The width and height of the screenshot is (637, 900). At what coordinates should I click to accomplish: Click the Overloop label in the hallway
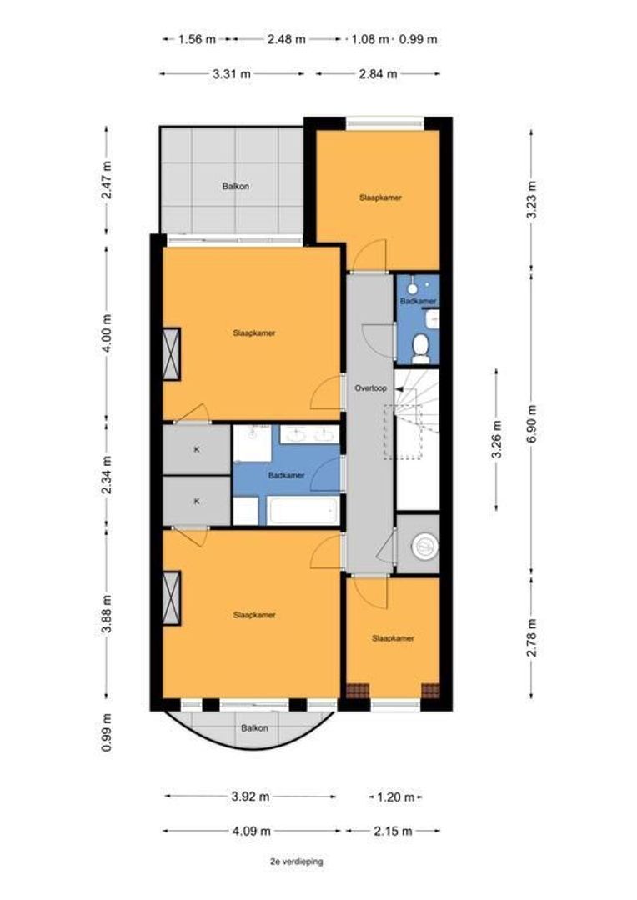(370, 388)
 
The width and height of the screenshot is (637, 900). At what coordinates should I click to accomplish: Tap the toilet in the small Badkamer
(421, 348)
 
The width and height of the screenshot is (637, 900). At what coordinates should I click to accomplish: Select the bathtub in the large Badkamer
(303, 510)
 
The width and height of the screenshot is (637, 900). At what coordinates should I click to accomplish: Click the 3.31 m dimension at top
(232, 74)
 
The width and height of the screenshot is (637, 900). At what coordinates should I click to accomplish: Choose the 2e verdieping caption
(296, 862)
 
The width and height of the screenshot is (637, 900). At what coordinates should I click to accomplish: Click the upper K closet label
(197, 450)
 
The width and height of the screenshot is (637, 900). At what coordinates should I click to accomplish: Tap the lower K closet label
(197, 501)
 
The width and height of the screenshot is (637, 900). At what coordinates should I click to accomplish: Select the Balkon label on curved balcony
(254, 727)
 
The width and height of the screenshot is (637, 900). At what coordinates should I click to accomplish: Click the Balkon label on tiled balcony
(235, 186)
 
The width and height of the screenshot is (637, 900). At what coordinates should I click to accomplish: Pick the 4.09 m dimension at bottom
(251, 831)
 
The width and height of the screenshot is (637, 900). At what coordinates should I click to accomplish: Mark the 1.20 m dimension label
(395, 797)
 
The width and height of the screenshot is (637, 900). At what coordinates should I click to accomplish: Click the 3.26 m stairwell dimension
(497, 439)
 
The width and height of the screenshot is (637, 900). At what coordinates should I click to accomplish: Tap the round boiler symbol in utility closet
(424, 546)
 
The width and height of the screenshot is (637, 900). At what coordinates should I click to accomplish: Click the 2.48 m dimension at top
(286, 40)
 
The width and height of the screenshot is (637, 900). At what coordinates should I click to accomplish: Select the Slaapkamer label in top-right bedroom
(380, 197)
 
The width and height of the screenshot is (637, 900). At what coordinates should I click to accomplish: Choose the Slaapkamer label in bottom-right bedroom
(393, 638)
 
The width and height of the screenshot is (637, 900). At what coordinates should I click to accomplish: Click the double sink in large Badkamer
(309, 434)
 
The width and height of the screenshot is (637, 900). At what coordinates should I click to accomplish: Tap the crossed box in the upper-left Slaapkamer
(172, 353)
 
